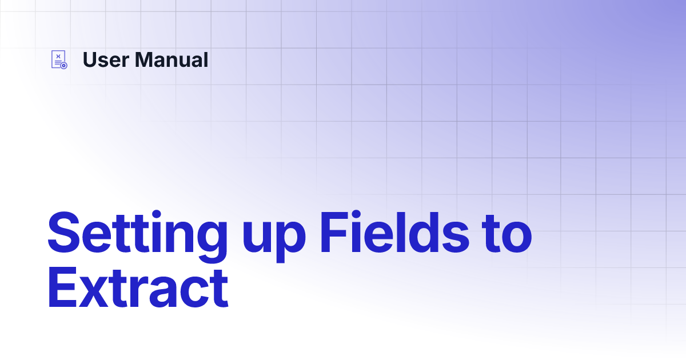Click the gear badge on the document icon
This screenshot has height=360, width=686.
pyautogui.click(x=63, y=66)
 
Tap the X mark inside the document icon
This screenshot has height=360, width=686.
pyautogui.click(x=58, y=57)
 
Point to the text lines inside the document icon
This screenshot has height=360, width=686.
pyautogui.click(x=58, y=63)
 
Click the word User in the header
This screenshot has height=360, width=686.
pyautogui.click(x=106, y=59)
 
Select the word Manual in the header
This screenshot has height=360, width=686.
pyautogui.click(x=171, y=59)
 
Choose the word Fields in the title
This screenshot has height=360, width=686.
pyautogui.click(x=394, y=232)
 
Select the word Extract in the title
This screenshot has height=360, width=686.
pyautogui.click(x=138, y=288)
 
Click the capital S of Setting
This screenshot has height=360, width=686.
pyautogui.click(x=63, y=233)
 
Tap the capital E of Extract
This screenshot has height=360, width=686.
pyautogui.click(x=62, y=287)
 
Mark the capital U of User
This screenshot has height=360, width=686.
pyautogui.click(x=90, y=59)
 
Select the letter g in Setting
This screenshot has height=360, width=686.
pyautogui.click(x=212, y=242)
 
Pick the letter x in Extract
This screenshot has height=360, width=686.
pyautogui.click(x=93, y=292)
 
